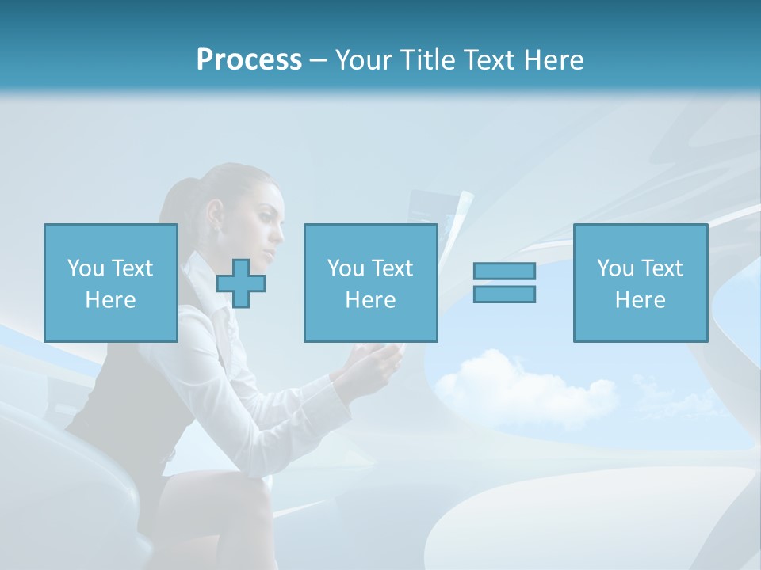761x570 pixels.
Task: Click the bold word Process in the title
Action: [x=249, y=59]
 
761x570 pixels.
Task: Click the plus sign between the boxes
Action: [x=241, y=283]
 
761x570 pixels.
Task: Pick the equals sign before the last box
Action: [x=504, y=283]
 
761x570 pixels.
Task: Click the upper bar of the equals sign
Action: [x=504, y=272]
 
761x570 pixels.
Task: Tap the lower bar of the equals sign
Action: [x=504, y=294]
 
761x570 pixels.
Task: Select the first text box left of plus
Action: [x=110, y=283]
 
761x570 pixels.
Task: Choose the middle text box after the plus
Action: [x=370, y=283]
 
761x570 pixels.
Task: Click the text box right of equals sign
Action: [x=640, y=283]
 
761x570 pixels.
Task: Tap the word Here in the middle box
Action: [x=370, y=300]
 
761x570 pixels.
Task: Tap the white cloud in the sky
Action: [x=507, y=384]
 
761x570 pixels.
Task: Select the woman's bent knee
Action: [x=238, y=495]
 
